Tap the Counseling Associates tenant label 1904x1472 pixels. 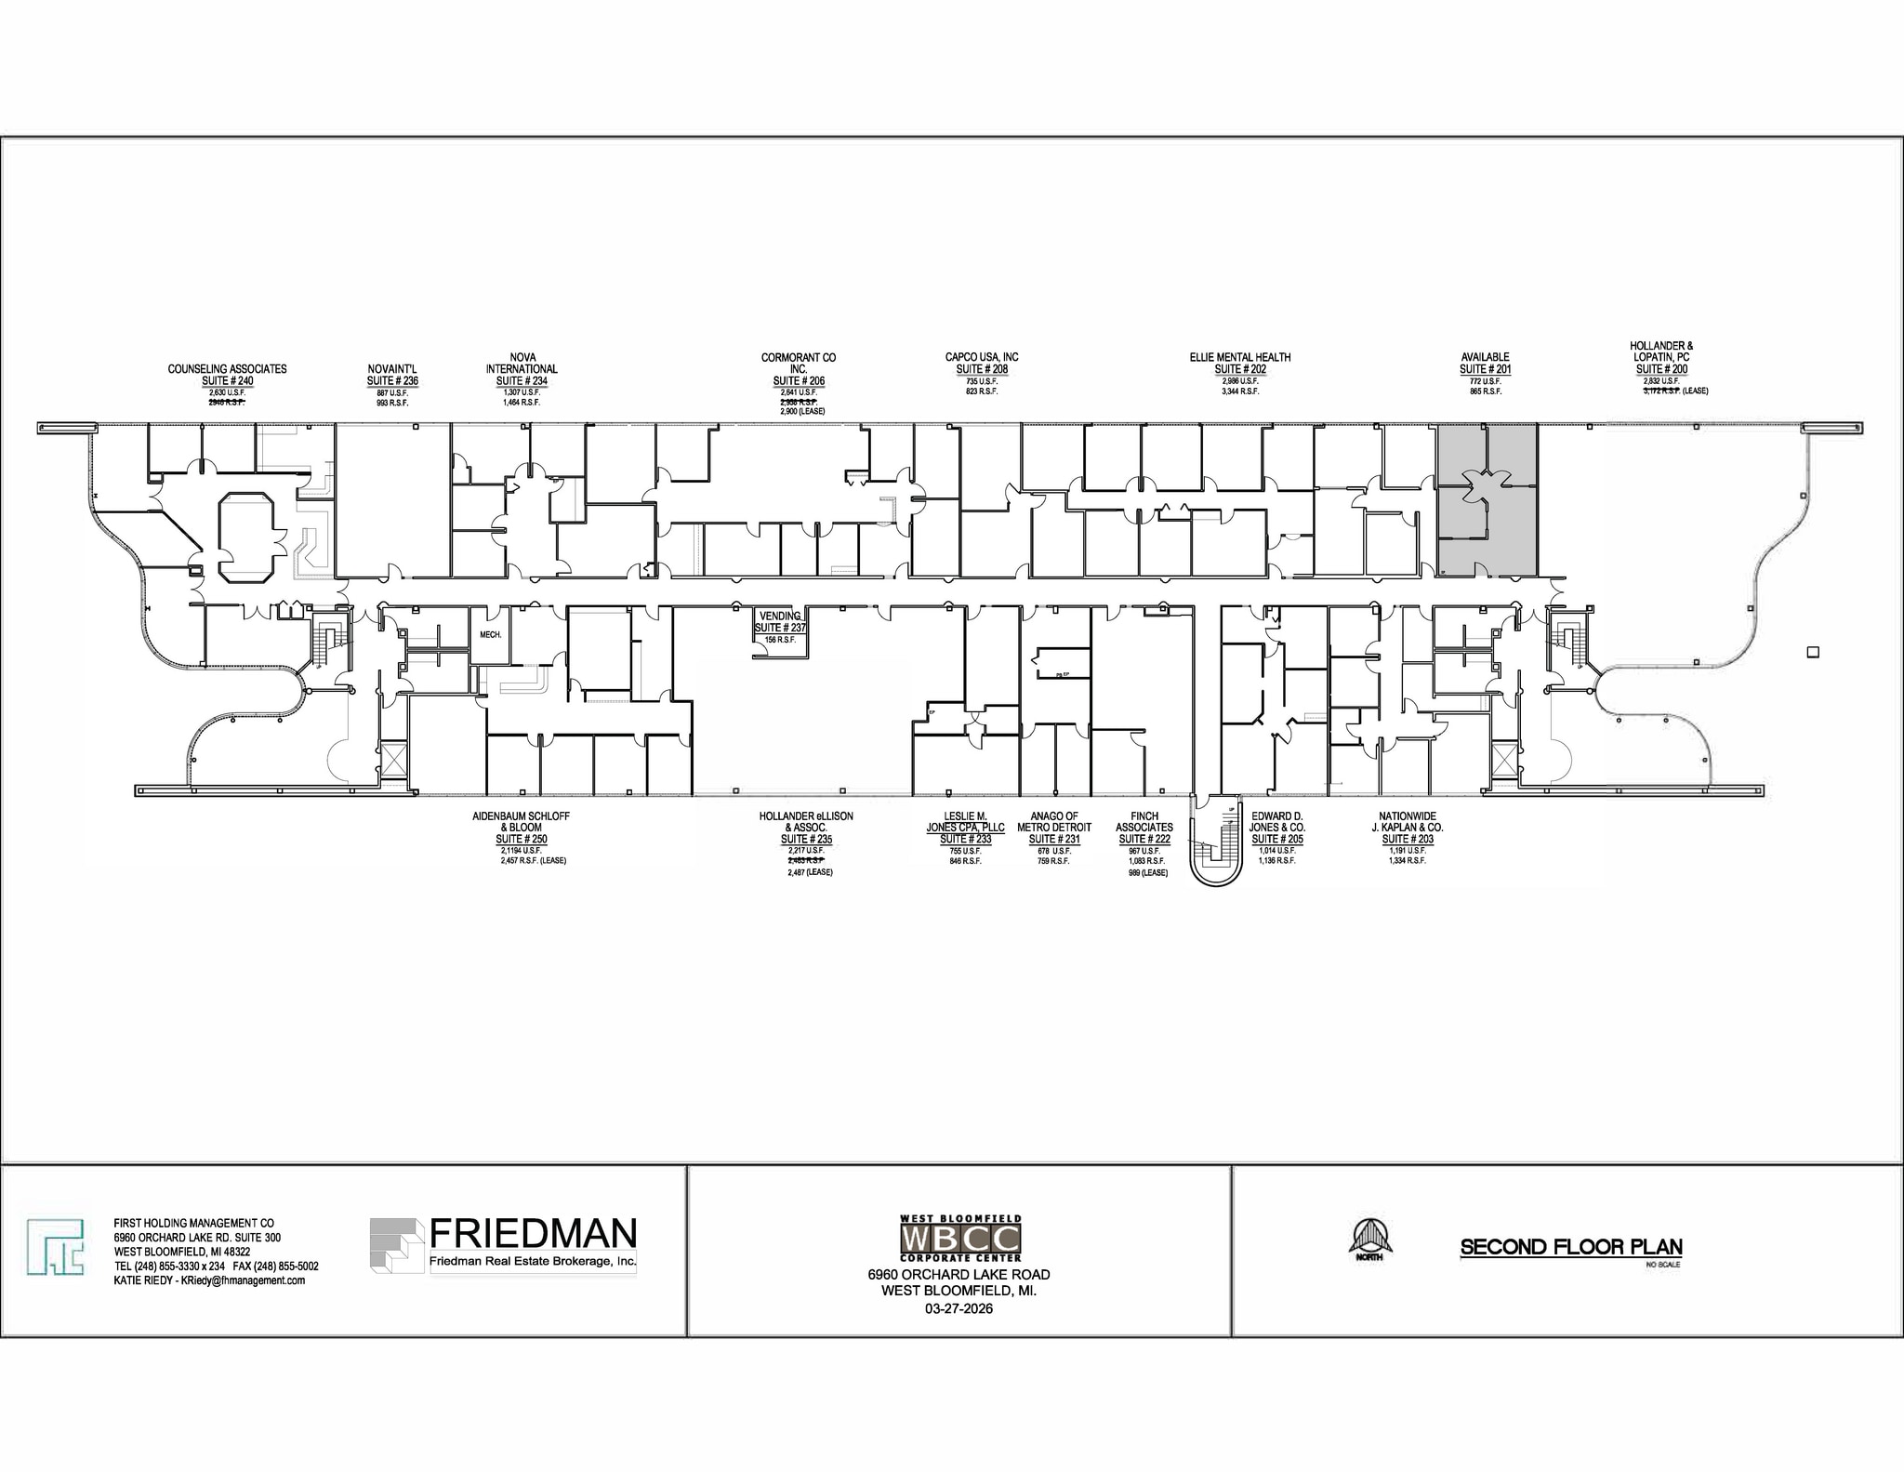[227, 369]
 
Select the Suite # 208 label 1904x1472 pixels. [982, 369]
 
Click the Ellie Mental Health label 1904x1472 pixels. [1239, 357]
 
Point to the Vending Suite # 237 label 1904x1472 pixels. [780, 622]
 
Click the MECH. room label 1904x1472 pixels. [490, 635]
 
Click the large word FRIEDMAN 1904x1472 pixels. [533, 1234]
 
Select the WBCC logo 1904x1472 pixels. [960, 1238]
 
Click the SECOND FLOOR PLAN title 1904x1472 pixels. [1571, 1248]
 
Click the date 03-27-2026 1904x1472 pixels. [959, 1309]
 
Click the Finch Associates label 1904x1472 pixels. [1144, 822]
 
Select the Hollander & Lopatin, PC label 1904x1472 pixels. [1661, 351]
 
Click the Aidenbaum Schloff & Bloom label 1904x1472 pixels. [521, 822]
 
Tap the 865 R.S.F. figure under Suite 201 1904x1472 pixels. [1485, 392]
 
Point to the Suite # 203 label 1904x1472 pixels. [1408, 840]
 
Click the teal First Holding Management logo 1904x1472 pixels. [55, 1246]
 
